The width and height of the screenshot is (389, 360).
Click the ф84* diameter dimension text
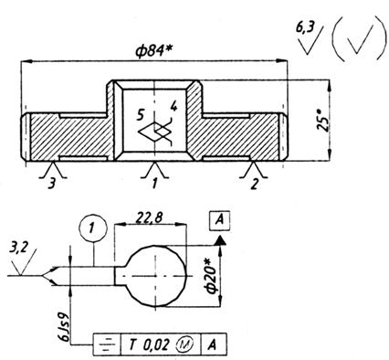click(154, 51)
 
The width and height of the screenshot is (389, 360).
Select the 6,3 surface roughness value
click(305, 28)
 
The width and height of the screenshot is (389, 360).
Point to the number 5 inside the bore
click(140, 115)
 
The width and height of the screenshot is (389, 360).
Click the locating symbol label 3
click(52, 184)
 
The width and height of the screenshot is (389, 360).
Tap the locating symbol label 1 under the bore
click(154, 184)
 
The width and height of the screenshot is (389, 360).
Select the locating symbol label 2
click(255, 184)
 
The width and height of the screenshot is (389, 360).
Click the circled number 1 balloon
click(93, 228)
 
